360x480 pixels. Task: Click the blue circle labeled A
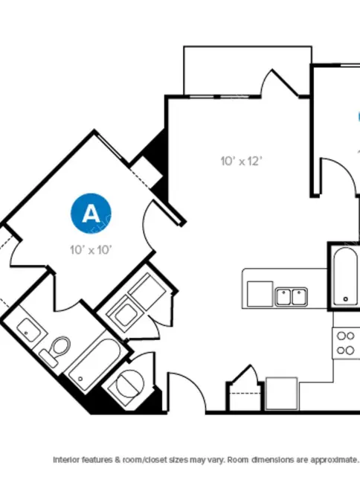click(x=91, y=213)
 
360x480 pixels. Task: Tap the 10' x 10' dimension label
click(x=91, y=250)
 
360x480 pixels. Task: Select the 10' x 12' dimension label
click(x=242, y=161)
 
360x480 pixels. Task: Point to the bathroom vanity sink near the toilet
click(x=29, y=330)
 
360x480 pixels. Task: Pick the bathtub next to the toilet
click(x=94, y=364)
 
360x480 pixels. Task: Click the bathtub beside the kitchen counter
click(x=345, y=276)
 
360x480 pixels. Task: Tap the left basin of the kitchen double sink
click(x=283, y=297)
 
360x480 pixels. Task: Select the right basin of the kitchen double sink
click(x=299, y=297)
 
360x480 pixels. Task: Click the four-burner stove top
click(x=346, y=343)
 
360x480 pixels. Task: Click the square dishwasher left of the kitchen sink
click(x=260, y=294)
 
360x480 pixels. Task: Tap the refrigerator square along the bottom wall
click(x=281, y=394)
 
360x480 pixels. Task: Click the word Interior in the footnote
click(x=66, y=459)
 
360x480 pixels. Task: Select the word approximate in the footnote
click(x=334, y=460)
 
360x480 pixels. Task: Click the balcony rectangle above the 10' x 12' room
click(x=248, y=71)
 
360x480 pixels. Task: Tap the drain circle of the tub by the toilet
click(x=80, y=379)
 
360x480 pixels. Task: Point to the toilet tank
click(x=48, y=359)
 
